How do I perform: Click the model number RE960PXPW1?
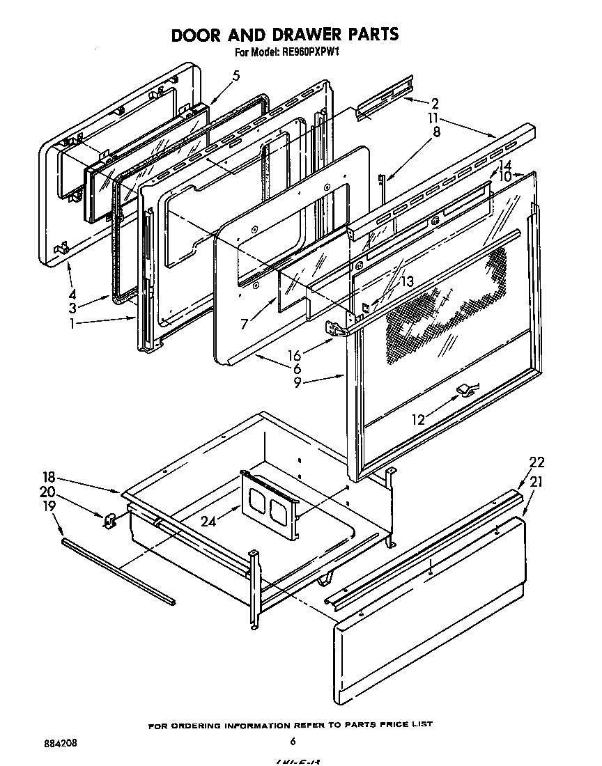coord(311,52)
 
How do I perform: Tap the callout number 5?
coord(236,76)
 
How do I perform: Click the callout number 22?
coord(537,462)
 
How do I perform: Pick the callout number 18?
coord(47,478)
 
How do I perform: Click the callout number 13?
coord(408,281)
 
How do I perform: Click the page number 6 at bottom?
coord(293,741)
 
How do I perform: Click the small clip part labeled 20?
coord(110,519)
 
